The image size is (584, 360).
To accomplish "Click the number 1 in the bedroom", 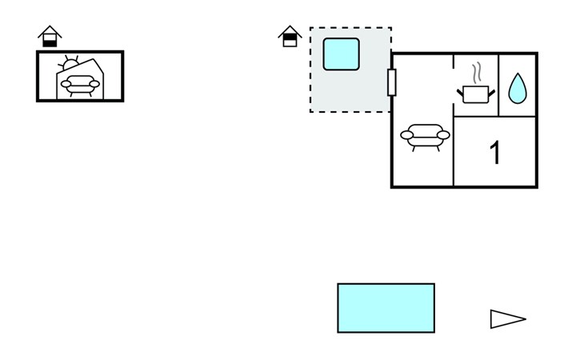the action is pos(495,152).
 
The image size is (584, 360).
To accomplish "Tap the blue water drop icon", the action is pos(518,89).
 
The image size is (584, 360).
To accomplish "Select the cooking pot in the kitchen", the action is pos(476,94).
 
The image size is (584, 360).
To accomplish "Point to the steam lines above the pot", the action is pos(477,74).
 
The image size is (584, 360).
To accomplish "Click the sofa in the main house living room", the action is pos(425,137).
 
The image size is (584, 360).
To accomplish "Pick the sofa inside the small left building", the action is pos(81,86).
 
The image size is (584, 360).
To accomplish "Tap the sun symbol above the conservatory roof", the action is pos(70,63).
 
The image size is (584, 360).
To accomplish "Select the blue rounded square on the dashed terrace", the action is pos(341,54).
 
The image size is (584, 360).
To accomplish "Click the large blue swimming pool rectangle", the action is pos(386,308).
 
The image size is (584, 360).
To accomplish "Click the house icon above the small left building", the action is pos(50,36).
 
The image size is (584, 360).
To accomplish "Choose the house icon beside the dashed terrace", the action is pos(290,36).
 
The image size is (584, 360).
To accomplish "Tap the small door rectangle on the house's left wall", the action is pos(391,82).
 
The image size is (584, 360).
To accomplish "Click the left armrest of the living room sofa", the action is pos(406,135).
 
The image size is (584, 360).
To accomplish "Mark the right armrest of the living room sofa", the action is pos(443,135).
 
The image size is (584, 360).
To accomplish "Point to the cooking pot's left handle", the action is pos(460,92).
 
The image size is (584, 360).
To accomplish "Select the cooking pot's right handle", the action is pos(492,92).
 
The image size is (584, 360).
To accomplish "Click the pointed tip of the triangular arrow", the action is pos(526,318).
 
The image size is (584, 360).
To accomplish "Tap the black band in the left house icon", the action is pos(50,43).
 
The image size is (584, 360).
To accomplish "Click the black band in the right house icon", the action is pos(290,37).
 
